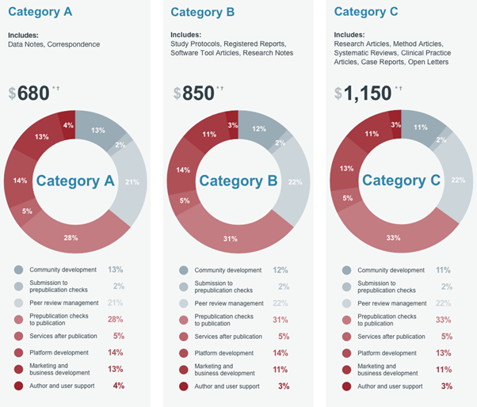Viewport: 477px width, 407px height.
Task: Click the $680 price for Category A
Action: click(30, 93)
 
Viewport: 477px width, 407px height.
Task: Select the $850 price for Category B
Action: click(194, 93)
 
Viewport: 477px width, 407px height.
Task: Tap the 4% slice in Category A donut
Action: click(68, 124)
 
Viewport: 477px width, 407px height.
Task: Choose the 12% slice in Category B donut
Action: click(259, 128)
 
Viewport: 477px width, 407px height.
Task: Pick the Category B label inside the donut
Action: click(238, 181)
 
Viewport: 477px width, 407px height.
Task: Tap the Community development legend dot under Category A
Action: click(19, 270)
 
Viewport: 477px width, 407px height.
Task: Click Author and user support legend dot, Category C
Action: click(346, 386)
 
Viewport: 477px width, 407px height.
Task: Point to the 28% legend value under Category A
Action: click(116, 319)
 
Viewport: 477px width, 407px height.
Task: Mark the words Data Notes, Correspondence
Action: click(54, 44)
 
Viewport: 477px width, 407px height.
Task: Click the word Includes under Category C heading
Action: click(349, 35)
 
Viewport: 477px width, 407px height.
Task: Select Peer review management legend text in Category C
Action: click(392, 303)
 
